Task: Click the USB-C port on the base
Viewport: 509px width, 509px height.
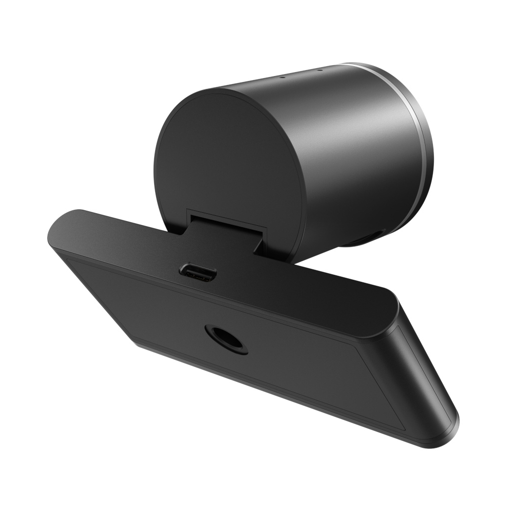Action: point(198,272)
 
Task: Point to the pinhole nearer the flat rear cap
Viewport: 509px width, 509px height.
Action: point(281,77)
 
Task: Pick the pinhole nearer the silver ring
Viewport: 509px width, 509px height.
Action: point(319,70)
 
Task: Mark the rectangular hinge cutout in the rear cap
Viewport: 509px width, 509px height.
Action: point(226,219)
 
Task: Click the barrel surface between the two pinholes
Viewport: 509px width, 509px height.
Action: point(300,74)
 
